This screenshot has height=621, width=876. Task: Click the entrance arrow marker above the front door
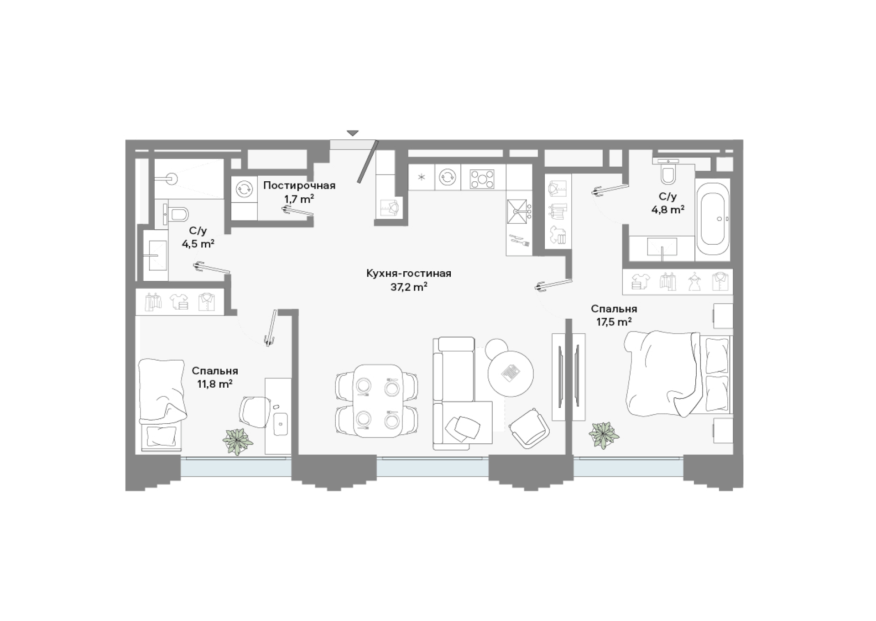pyautogui.click(x=352, y=133)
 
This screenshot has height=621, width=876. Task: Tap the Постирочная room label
pyautogui.click(x=299, y=185)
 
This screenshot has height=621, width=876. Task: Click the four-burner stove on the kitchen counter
pyautogui.click(x=483, y=178)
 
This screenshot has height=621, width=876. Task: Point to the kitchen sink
pyautogui.click(x=519, y=212)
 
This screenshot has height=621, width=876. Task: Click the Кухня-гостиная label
pyautogui.click(x=409, y=274)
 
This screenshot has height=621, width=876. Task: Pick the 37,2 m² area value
pyautogui.click(x=409, y=287)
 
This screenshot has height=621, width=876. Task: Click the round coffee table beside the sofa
pyautogui.click(x=511, y=374)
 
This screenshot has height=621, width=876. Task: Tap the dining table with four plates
pyautogui.click(x=378, y=400)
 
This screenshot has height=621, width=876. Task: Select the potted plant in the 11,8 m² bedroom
pyautogui.click(x=238, y=441)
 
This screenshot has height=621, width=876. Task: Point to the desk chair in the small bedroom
pyautogui.click(x=255, y=411)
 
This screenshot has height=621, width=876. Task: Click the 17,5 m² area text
pyautogui.click(x=614, y=322)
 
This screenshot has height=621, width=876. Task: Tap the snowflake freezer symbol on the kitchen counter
pyautogui.click(x=422, y=177)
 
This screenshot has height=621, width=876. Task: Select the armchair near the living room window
pyautogui.click(x=530, y=427)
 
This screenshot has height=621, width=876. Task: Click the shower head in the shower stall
pyautogui.click(x=171, y=179)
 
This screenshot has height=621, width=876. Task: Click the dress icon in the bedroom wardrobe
pyautogui.click(x=694, y=282)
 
